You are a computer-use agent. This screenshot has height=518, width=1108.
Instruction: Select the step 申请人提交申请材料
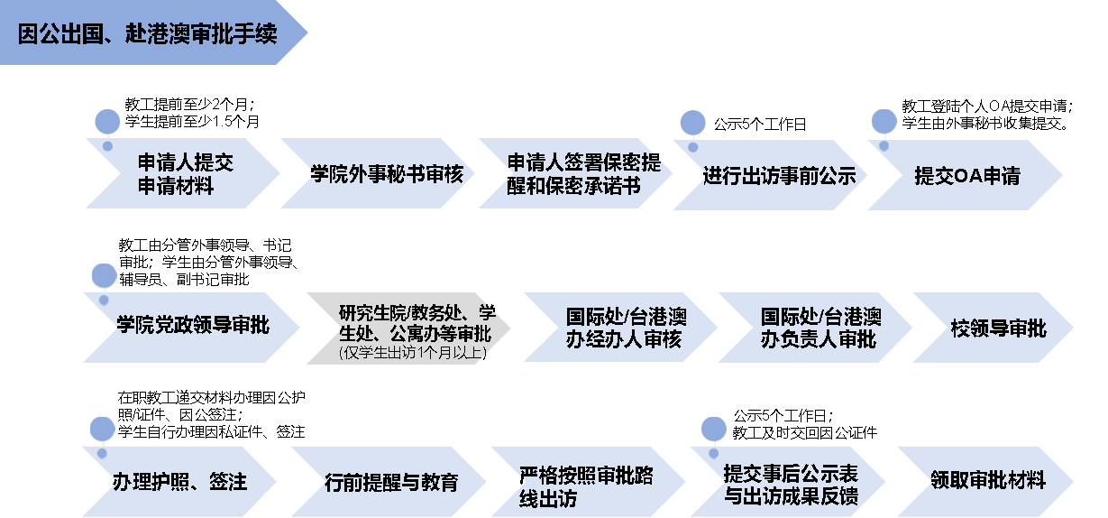point(185,174)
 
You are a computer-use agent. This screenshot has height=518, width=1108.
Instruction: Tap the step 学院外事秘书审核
point(385,174)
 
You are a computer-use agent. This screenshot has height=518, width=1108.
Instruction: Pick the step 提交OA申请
point(966,176)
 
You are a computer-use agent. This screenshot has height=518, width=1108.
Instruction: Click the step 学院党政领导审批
point(192,326)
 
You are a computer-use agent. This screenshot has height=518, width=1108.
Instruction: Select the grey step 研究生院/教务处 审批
point(410,323)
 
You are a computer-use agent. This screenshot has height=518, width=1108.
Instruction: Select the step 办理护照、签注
point(180,481)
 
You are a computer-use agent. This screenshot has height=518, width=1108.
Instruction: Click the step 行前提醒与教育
point(391,482)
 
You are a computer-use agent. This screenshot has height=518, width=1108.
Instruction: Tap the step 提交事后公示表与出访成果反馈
point(791,485)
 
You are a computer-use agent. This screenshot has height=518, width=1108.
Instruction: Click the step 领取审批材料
point(987,481)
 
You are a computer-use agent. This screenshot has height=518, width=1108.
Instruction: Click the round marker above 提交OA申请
point(884,121)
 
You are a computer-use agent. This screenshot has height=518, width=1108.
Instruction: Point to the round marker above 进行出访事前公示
point(692,123)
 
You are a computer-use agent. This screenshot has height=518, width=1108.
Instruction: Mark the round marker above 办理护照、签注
point(103,430)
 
